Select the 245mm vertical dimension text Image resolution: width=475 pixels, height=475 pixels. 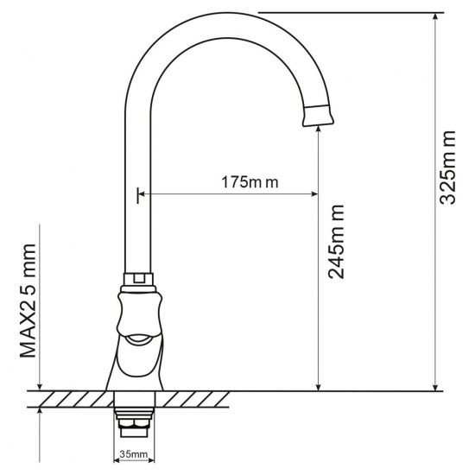tap(338, 241)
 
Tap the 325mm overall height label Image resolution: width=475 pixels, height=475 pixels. tap(448, 168)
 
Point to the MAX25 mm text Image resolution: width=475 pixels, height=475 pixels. tap(29, 300)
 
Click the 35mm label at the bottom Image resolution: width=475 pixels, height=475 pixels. tap(135, 455)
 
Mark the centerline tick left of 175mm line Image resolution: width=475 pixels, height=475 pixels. tap(136, 195)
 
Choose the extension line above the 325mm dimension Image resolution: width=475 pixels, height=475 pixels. tap(345, 12)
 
